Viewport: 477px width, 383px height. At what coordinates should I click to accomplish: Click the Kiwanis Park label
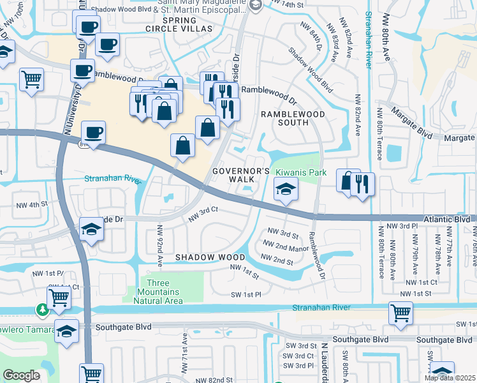pyautogui.click(x=300, y=172)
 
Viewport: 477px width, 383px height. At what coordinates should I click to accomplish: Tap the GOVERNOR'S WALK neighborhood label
pyautogui.click(x=242, y=175)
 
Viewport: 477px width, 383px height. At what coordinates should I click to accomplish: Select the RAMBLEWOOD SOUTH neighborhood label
pyautogui.click(x=293, y=119)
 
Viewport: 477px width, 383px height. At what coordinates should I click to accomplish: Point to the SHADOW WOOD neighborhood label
pyautogui.click(x=210, y=257)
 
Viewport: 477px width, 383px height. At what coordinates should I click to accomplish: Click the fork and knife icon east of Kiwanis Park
pyautogui.click(x=363, y=184)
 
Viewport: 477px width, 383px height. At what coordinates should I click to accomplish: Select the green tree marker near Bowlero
pyautogui.click(x=43, y=310)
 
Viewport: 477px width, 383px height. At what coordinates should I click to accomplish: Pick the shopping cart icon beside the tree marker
pyautogui.click(x=59, y=297)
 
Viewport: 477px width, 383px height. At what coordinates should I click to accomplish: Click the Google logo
pyautogui.click(x=21, y=375)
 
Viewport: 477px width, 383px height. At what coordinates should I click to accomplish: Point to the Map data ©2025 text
pyautogui.click(x=450, y=378)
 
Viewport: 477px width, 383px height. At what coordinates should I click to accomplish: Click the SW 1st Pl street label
pyautogui.click(x=246, y=295)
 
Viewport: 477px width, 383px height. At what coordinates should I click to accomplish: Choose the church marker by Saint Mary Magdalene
pyautogui.click(x=256, y=6)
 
